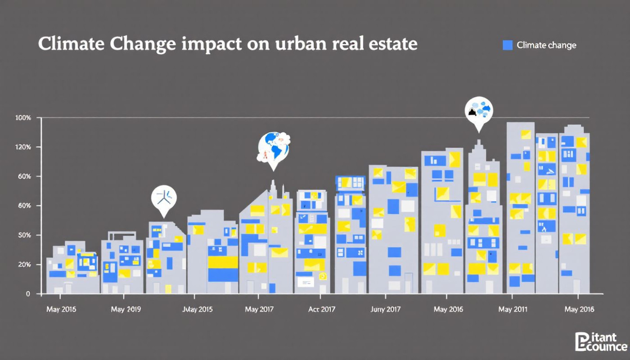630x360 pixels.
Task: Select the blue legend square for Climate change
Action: [508, 45]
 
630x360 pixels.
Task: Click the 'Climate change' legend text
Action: [546, 45]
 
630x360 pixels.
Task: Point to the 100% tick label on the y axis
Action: [23, 118]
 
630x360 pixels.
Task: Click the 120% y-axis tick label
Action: [23, 147]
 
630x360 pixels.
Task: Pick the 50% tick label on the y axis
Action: [24, 235]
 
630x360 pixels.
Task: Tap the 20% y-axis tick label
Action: [24, 265]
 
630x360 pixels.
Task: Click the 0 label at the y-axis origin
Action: [27, 294]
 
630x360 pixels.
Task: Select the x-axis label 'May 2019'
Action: [126, 310]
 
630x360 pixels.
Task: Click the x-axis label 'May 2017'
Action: [259, 310]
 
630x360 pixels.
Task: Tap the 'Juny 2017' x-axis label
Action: [385, 310]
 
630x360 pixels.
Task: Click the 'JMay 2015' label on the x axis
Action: [198, 310]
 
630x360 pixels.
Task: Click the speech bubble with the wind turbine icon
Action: [164, 198]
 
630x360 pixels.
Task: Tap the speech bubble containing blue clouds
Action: [479, 111]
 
